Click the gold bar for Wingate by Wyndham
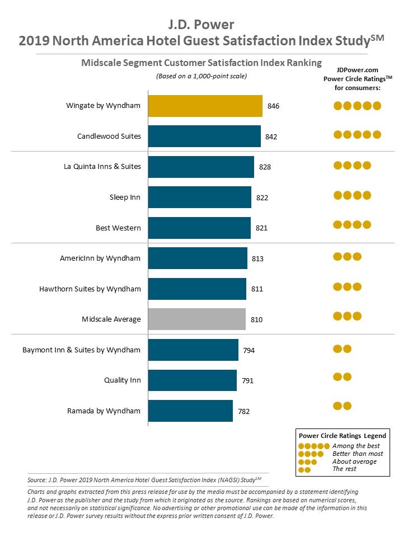(x=205, y=106)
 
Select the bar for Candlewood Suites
(x=204, y=136)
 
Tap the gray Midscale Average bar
(x=196, y=319)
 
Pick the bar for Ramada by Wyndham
(x=190, y=411)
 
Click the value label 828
(x=265, y=167)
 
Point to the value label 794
(x=249, y=350)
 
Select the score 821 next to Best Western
(x=261, y=228)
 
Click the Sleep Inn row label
(x=125, y=197)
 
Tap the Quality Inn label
(x=123, y=380)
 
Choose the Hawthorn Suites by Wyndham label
(x=90, y=289)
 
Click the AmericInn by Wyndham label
(x=100, y=258)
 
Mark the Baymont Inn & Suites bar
(x=193, y=350)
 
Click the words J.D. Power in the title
(x=201, y=25)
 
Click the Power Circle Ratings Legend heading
(x=342, y=435)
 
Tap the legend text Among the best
(x=356, y=446)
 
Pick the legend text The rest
(x=344, y=469)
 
